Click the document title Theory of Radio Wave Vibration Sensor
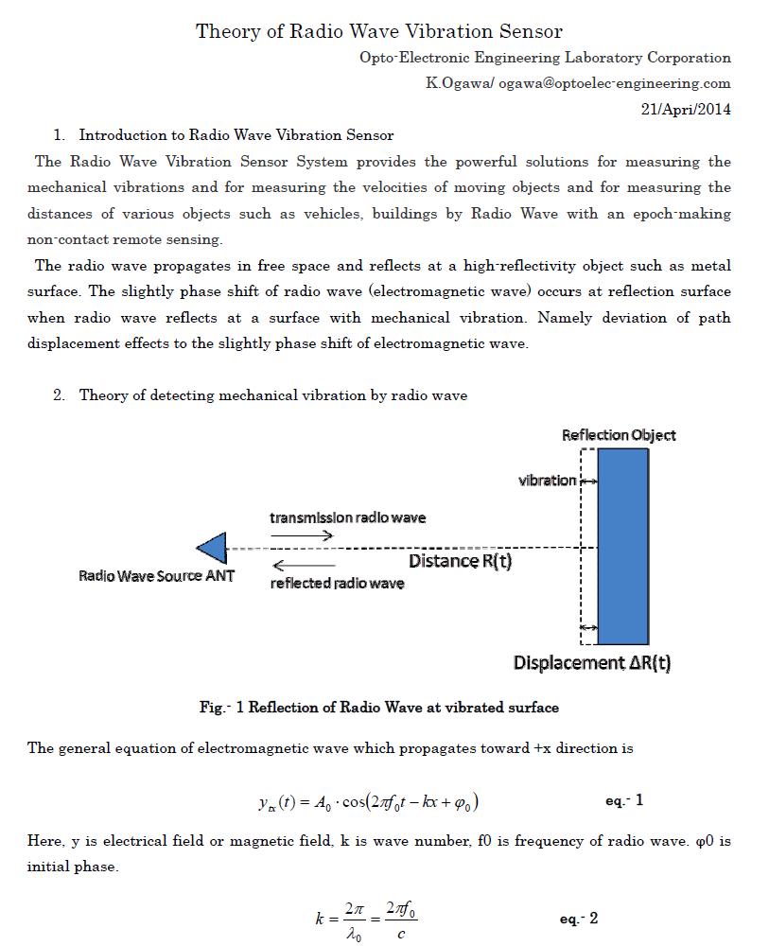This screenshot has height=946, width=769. (x=378, y=31)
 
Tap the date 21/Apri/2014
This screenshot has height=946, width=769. (x=686, y=109)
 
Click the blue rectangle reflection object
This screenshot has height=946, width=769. (x=623, y=546)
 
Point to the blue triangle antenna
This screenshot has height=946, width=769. (x=214, y=548)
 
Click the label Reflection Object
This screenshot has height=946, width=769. (x=619, y=435)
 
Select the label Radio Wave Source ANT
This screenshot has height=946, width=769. (x=156, y=576)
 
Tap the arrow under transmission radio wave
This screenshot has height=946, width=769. (x=302, y=535)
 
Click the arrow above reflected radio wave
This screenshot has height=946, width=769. (x=302, y=566)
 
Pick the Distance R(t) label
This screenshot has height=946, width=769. (x=460, y=562)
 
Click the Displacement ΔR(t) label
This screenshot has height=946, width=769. (x=592, y=663)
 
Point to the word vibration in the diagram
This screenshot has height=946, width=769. (x=547, y=481)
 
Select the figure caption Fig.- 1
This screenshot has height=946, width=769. (x=378, y=708)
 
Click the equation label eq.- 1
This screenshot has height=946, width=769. (x=624, y=801)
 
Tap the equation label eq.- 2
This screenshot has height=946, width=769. (x=578, y=920)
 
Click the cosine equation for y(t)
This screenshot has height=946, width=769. (x=368, y=802)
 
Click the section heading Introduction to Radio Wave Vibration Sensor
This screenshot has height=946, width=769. (x=236, y=135)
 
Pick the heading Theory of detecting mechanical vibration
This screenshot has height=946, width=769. (x=272, y=395)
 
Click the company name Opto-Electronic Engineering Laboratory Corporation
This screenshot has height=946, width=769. (x=544, y=58)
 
